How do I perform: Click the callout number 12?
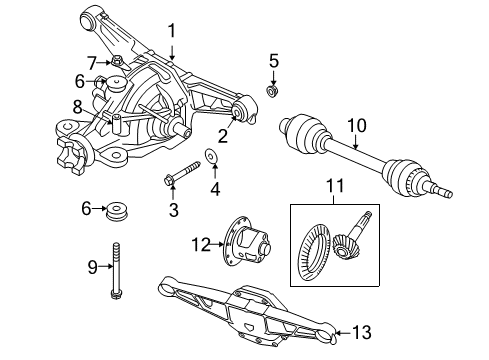tap(200, 243)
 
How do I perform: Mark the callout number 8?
tap(77, 106)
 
